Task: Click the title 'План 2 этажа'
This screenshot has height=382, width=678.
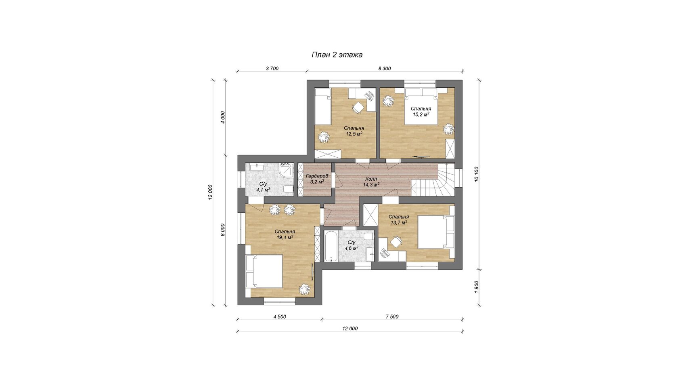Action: (337, 55)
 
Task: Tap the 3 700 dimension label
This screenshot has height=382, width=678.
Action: (272, 69)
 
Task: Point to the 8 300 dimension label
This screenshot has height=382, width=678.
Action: (384, 69)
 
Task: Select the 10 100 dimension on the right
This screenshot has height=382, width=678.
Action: (476, 174)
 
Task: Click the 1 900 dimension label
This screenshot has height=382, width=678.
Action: (476, 287)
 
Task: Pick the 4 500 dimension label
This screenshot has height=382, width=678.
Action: (280, 317)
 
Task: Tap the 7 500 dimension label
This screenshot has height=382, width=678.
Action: (392, 317)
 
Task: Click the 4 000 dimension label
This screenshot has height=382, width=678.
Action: (223, 117)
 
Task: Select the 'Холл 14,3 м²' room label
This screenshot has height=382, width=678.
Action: (371, 181)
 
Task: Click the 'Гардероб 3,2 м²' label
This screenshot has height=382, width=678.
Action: (317, 179)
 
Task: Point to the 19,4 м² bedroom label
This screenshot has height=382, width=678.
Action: (285, 234)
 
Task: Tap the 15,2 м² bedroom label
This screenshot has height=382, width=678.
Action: (421, 112)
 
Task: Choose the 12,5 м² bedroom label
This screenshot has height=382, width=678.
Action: (354, 131)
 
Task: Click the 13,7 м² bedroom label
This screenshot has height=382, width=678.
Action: (399, 220)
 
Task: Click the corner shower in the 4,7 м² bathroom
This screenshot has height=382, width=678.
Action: (286, 171)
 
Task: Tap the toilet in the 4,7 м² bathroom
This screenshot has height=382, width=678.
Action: (288, 189)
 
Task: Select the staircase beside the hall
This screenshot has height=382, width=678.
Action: (433, 179)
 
